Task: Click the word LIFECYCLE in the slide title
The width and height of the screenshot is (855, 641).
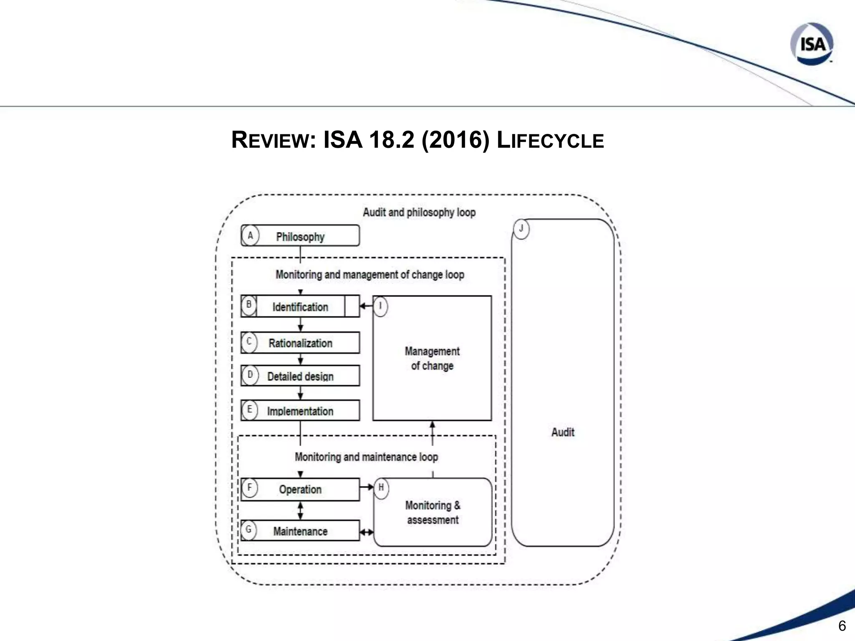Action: coord(550,140)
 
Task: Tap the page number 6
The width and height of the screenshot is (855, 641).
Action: coord(842,626)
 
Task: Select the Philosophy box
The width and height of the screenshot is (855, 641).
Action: coord(300,236)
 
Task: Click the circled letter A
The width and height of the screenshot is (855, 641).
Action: coord(250,236)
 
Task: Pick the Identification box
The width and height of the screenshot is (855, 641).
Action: coord(300,307)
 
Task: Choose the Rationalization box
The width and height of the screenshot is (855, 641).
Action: coord(300,343)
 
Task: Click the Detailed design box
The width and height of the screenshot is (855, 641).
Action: coord(300,376)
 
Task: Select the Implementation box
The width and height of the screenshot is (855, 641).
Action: coord(300,411)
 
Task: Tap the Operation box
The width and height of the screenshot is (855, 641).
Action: coord(300,489)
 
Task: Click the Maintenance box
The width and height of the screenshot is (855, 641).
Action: coord(300,531)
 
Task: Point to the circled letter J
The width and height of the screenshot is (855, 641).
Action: coord(521,229)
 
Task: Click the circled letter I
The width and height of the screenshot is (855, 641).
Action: coord(380,306)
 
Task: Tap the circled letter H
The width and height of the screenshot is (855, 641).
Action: coord(381,487)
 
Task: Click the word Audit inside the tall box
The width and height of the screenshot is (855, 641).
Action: coord(563,432)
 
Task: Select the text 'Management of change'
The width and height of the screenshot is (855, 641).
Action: coord(432,358)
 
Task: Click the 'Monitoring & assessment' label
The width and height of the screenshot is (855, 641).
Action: coord(433,512)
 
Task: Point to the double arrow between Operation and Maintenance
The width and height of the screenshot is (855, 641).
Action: coord(300,510)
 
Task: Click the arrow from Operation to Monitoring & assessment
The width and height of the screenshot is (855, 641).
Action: coord(367,487)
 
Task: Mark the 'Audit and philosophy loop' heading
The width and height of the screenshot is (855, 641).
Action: coord(419,212)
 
